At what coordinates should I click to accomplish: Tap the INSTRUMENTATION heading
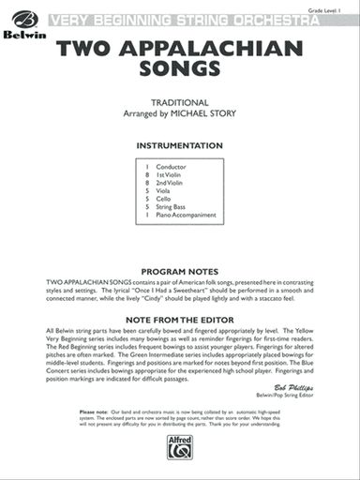point(180,145)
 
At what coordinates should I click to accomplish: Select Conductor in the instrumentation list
point(172,167)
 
